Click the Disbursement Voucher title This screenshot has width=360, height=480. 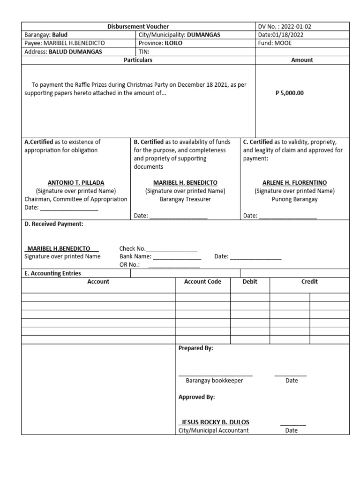138,27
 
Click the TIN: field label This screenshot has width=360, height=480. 143,52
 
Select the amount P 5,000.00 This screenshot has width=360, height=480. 289,93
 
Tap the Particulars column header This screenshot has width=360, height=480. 138,60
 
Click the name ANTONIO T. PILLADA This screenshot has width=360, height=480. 76,182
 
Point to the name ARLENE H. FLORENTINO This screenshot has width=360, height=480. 295,182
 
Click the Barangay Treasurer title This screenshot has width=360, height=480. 185,199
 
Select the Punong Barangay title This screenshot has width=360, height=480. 295,199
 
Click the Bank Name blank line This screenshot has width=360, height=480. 177,257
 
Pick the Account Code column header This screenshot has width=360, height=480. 202,282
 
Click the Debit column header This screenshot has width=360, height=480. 250,282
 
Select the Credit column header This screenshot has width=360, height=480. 309,282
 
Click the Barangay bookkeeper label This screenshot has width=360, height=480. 214,381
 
